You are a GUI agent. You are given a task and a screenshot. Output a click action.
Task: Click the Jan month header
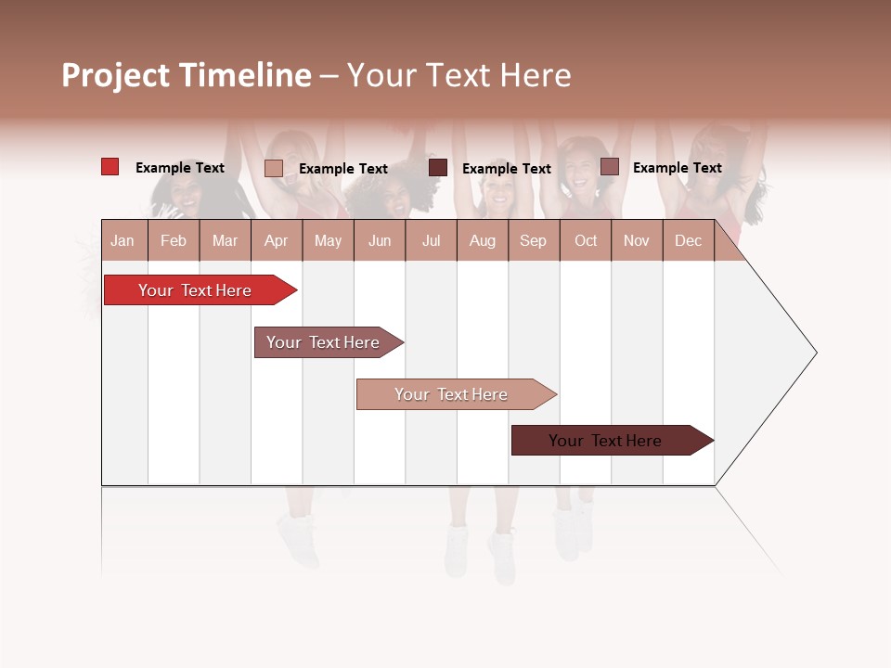point(123,240)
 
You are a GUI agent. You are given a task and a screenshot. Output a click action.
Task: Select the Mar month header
point(225,240)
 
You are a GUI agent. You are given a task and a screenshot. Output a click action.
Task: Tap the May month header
point(328,240)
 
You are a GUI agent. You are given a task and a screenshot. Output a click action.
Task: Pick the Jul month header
point(431,240)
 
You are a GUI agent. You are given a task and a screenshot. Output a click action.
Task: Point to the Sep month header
point(533,240)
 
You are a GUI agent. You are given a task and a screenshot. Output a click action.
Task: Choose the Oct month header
point(586,240)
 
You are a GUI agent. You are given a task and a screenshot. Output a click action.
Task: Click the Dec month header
point(688,240)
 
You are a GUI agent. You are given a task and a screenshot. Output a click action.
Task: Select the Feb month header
point(174,240)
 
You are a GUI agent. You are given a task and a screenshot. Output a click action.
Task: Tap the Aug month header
point(482,240)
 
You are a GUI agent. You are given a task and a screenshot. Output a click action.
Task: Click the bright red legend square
point(110,167)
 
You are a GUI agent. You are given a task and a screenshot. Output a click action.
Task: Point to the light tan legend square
point(274,168)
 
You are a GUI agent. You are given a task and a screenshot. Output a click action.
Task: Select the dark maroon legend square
point(438,168)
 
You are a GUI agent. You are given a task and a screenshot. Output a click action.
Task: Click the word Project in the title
point(116,75)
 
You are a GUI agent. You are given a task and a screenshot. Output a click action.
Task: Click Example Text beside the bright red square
point(180,168)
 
